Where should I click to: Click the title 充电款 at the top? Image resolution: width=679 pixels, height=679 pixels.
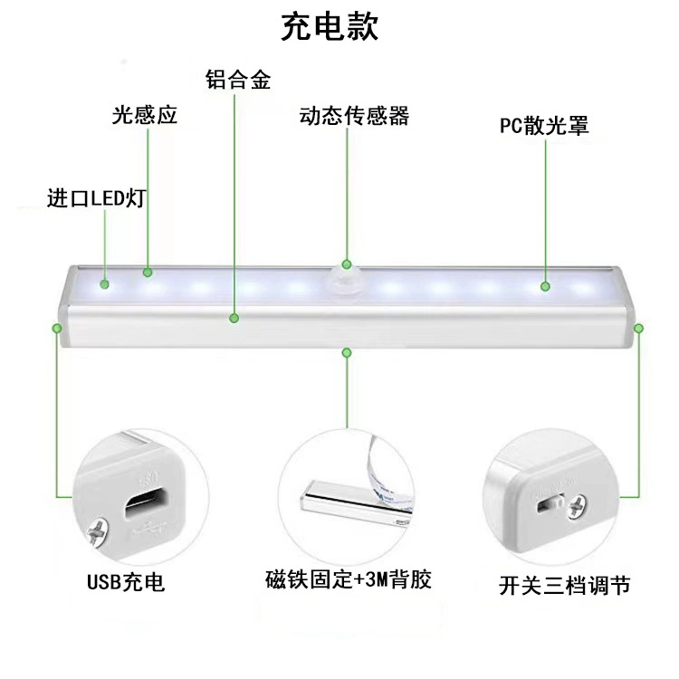[x=330, y=26]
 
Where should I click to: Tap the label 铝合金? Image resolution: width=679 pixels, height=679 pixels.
[x=238, y=80]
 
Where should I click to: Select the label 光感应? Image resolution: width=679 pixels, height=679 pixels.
[x=145, y=115]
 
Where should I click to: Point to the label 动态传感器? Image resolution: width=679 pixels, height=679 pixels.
[x=354, y=116]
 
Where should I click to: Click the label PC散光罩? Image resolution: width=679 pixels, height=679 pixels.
[x=544, y=126]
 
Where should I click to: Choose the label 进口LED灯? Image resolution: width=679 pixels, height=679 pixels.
[x=96, y=198]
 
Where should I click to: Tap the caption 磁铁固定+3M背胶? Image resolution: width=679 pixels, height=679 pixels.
[x=349, y=579]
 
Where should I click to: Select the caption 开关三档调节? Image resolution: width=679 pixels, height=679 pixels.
[x=564, y=585]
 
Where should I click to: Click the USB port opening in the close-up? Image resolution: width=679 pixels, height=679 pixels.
[x=146, y=502]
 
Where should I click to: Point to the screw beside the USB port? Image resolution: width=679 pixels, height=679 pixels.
[x=98, y=531]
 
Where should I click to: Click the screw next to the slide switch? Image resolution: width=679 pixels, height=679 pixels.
[x=577, y=507]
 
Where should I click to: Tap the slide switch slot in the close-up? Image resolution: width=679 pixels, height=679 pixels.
[x=550, y=504]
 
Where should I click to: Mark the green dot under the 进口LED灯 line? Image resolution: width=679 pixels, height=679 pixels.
[x=104, y=284]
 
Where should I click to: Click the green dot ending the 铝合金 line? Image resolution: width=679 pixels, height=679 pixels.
[x=234, y=319]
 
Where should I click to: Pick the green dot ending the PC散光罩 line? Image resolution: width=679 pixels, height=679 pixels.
[x=546, y=286]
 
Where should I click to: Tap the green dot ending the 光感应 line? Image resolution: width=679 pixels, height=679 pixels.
[x=148, y=273]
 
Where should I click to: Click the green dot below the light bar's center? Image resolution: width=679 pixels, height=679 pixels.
[x=347, y=353]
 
